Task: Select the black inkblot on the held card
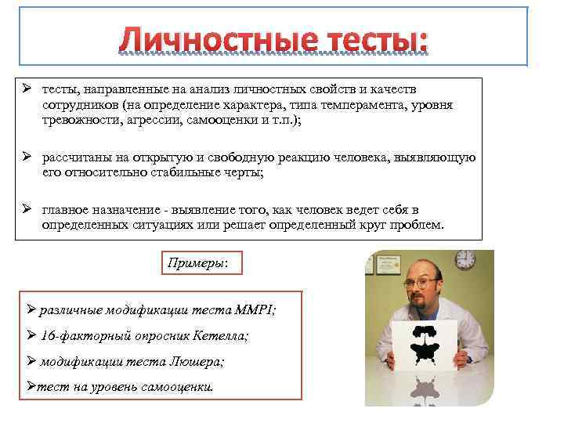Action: [x=424, y=334]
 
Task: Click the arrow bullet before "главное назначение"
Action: [x=26, y=210]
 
